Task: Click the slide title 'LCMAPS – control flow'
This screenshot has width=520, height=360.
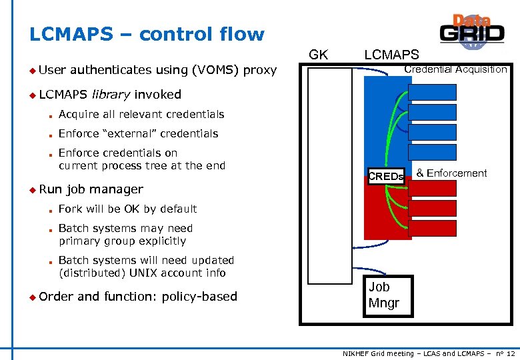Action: pyautogui.click(x=147, y=34)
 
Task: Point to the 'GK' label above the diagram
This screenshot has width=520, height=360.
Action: pyautogui.click(x=319, y=55)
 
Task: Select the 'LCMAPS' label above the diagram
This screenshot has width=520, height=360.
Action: pyautogui.click(x=391, y=55)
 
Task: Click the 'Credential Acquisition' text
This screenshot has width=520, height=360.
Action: pyautogui.click(x=455, y=69)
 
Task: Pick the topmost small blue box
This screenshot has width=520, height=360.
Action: pyautogui.click(x=432, y=92)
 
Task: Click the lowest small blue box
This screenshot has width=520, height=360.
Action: pyautogui.click(x=432, y=152)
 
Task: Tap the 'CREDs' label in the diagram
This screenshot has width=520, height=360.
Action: pyautogui.click(x=386, y=177)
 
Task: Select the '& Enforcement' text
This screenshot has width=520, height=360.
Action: pyautogui.click(x=451, y=173)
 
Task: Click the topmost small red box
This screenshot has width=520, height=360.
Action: pyautogui.click(x=432, y=189)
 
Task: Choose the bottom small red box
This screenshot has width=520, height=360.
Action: pyautogui.click(x=432, y=229)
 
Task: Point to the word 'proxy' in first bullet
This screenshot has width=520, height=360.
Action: pyautogui.click(x=260, y=69)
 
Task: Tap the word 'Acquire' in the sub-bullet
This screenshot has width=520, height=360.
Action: pyautogui.click(x=79, y=114)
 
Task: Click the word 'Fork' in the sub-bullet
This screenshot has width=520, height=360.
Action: pyautogui.click(x=70, y=209)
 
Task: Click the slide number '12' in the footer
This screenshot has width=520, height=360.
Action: pyautogui.click(x=510, y=352)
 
